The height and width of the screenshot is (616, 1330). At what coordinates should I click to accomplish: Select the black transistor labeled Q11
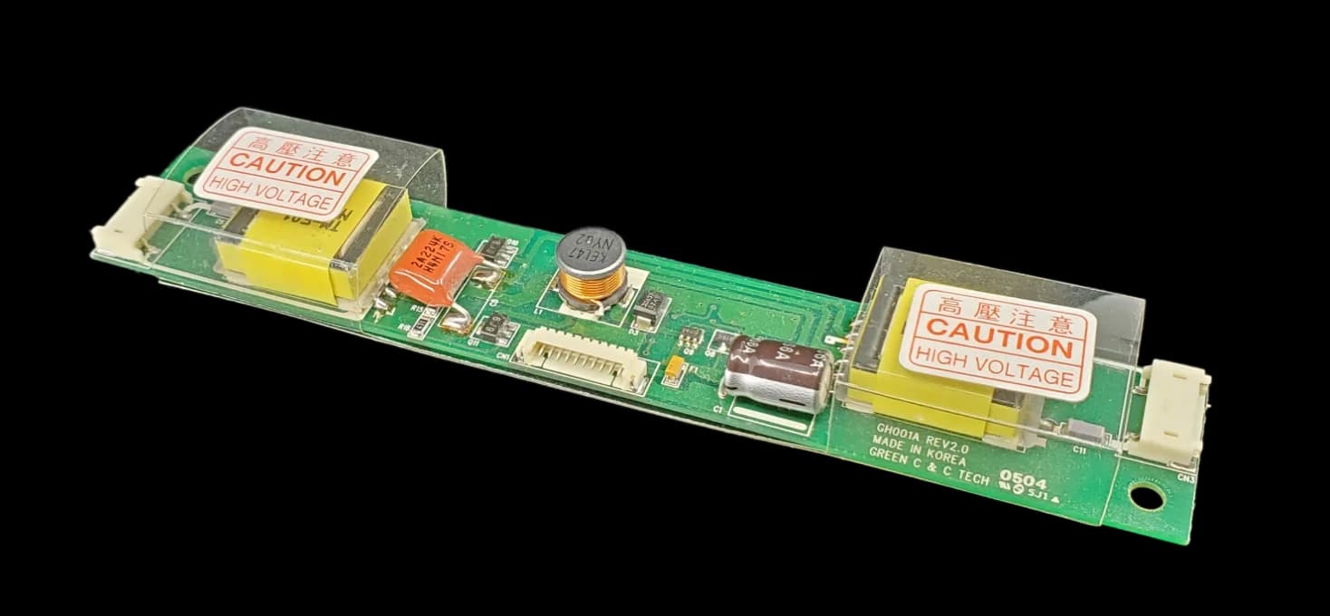point(493,326)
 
